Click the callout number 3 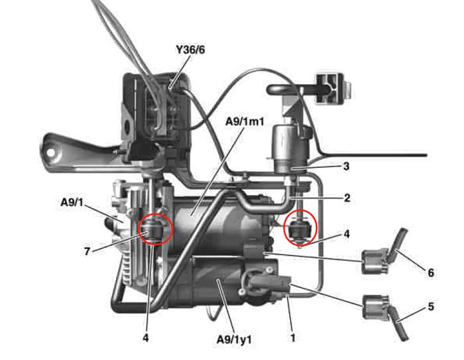pos(346,166)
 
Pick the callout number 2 pos(347,198)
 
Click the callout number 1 pos(292,337)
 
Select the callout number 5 pos(431,307)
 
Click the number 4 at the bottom pos(146,337)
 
